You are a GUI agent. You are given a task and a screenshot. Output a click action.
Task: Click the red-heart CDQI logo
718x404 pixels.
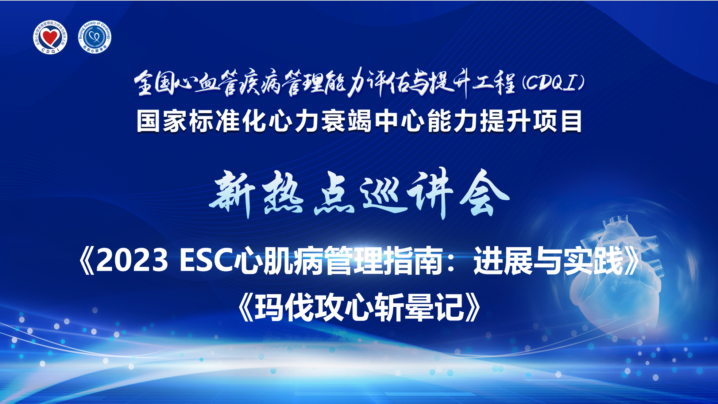point(50,37)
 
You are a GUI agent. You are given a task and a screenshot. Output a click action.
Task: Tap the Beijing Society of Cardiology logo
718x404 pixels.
point(94,37)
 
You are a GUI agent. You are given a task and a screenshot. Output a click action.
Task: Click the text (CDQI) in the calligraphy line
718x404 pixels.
point(553,82)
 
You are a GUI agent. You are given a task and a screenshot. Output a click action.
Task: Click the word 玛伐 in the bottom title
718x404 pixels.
point(284,307)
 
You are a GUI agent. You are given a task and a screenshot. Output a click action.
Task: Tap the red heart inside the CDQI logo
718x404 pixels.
point(50,37)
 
